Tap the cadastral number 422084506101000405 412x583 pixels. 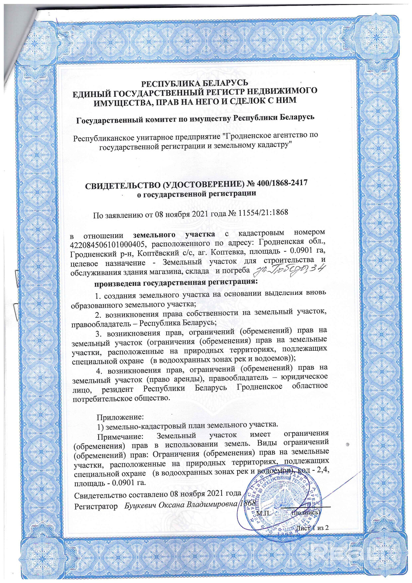coord(108,245)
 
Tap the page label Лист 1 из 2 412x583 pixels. coord(312,527)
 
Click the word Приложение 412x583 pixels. coord(120,416)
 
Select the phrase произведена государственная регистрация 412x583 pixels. coord(176,283)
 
